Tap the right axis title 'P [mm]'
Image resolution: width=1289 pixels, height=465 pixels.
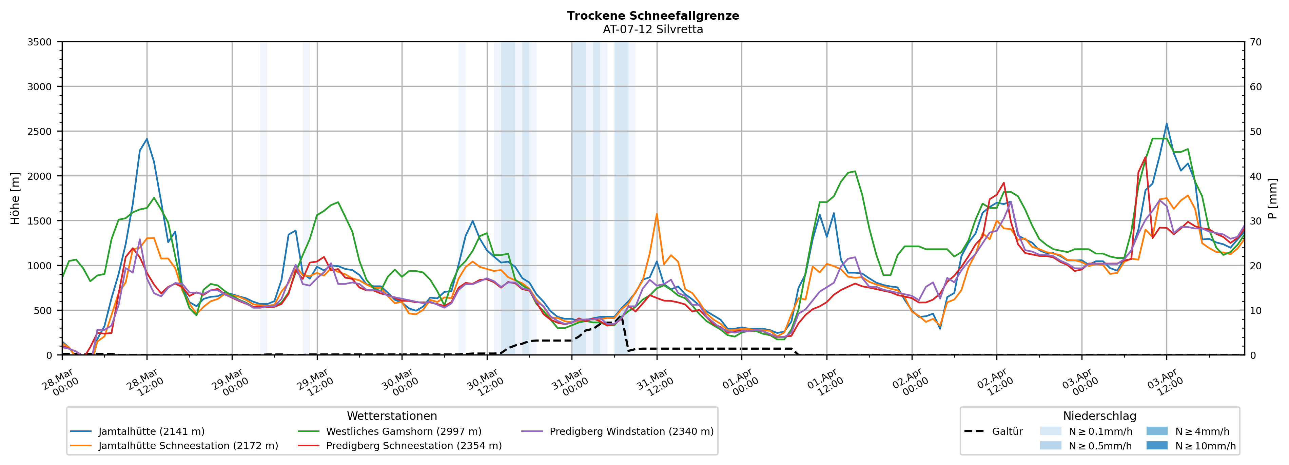1272,199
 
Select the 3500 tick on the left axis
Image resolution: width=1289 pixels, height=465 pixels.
40,42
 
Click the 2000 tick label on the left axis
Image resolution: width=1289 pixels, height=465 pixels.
40,176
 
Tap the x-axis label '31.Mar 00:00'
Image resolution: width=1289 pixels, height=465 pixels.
569,383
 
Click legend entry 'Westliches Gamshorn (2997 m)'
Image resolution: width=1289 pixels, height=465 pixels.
403,431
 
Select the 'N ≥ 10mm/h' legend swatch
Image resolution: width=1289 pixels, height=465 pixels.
1156,445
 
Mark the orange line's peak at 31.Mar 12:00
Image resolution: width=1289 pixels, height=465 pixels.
657,214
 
